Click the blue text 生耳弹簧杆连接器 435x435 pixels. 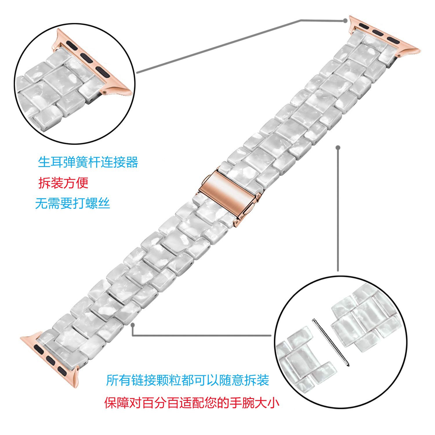[x=88, y=162]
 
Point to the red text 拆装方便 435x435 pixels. [x=63, y=183]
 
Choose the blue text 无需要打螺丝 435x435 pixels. [x=72, y=203]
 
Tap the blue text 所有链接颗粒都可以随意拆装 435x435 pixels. [x=188, y=380]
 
